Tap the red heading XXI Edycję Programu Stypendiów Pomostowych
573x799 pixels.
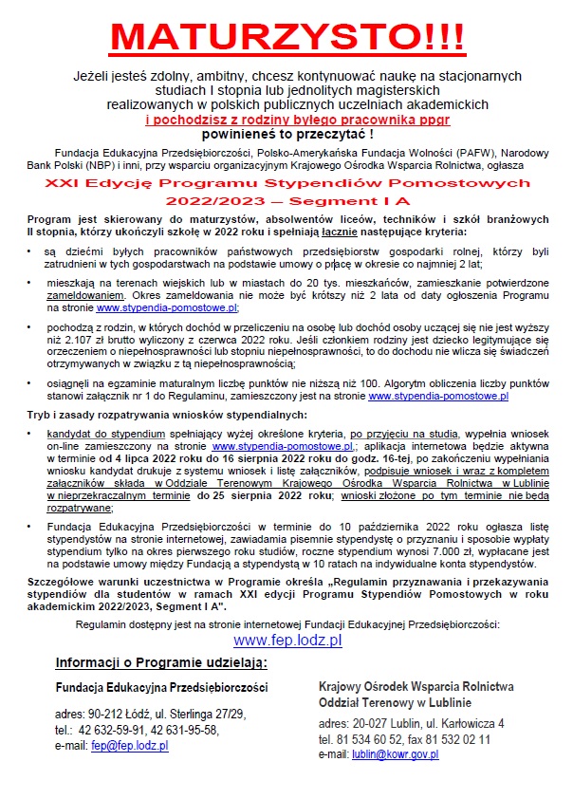tap(286, 182)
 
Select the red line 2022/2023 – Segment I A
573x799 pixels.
tap(286, 202)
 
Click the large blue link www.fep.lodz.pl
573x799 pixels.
tap(286, 641)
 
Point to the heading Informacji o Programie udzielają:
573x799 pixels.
tap(161, 662)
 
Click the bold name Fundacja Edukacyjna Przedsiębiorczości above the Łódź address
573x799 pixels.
tap(161, 686)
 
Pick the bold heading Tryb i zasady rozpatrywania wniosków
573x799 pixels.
tap(165, 416)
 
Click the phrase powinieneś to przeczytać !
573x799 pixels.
tap(286, 134)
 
